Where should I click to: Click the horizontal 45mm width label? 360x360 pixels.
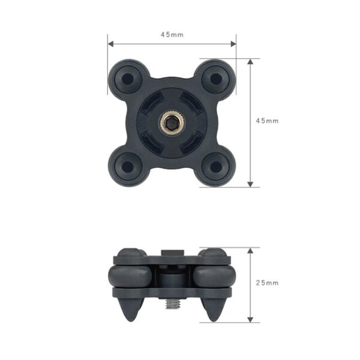pyautogui.click(x=172, y=35)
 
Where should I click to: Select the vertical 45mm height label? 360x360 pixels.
pyautogui.click(x=267, y=121)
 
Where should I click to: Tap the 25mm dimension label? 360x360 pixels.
pyautogui.click(x=267, y=283)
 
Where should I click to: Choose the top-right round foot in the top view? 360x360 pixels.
pyautogui.click(x=216, y=79)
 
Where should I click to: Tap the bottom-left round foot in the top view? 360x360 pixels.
pyautogui.click(x=127, y=167)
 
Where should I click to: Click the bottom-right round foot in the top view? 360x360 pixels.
pyautogui.click(x=216, y=167)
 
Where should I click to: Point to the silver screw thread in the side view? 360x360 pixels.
pyautogui.click(x=172, y=304)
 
